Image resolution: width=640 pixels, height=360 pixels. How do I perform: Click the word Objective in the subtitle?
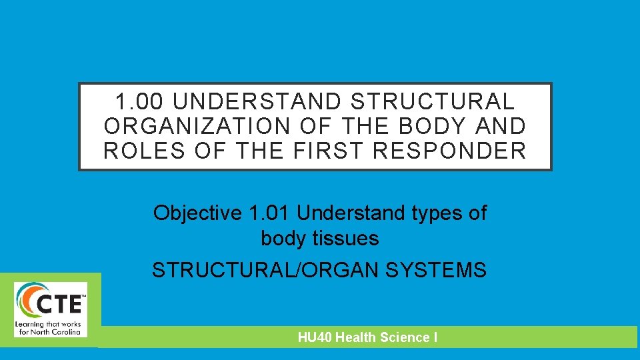pos(198,213)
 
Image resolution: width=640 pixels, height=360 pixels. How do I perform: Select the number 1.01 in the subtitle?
pos(270,213)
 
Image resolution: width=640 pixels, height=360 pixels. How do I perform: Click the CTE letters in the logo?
pos(61,303)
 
